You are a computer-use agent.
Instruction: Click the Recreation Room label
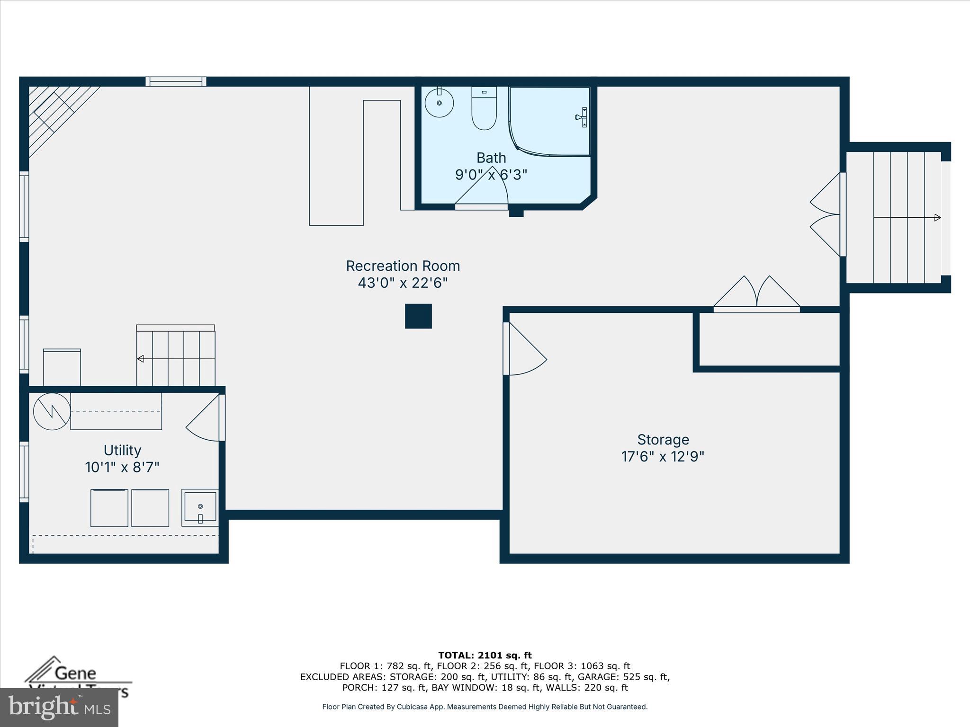pyautogui.click(x=403, y=266)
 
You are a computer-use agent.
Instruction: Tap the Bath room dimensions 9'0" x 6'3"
pyautogui.click(x=491, y=175)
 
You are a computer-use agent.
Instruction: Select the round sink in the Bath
pyautogui.click(x=439, y=103)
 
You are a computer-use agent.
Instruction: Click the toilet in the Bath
pyautogui.click(x=484, y=109)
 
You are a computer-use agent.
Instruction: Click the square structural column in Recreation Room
pyautogui.click(x=418, y=316)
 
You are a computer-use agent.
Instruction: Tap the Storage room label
pyautogui.click(x=663, y=440)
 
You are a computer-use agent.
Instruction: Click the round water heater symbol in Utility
pyautogui.click(x=52, y=411)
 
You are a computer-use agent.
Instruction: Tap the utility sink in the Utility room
pyautogui.click(x=200, y=507)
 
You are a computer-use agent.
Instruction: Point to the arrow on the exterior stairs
pyautogui.click(x=936, y=218)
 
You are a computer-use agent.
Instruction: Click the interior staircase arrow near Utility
pyautogui.click(x=141, y=359)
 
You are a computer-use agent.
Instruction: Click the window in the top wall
pyautogui.click(x=176, y=81)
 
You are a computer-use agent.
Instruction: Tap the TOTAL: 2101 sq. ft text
pyautogui.click(x=485, y=656)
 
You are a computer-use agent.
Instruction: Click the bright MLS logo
pyautogui.click(x=59, y=707)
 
